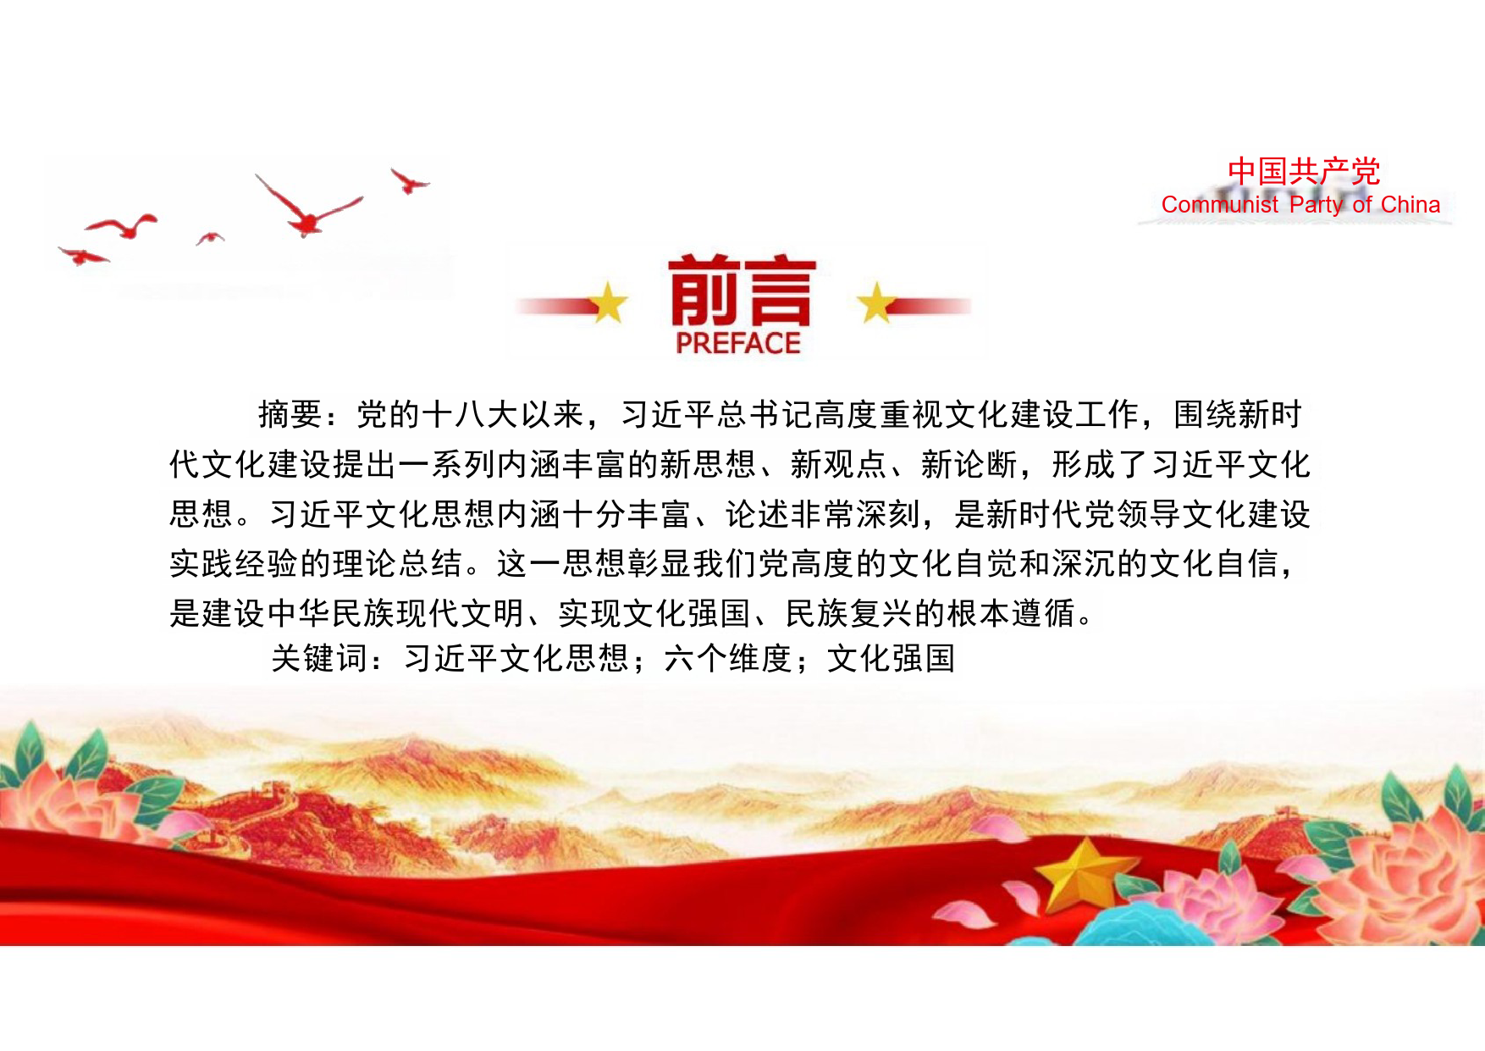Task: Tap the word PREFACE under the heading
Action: point(738,343)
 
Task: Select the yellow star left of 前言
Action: point(609,303)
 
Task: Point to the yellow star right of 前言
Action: point(876,302)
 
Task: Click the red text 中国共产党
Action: point(1304,171)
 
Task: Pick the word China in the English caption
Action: point(1410,205)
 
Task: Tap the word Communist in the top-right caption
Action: point(1220,205)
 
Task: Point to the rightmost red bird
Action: point(409,180)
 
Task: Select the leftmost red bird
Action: point(82,255)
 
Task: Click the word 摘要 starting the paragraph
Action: point(290,414)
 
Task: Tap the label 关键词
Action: point(319,658)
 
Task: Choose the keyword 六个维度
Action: point(729,658)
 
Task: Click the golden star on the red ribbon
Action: point(1085,874)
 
